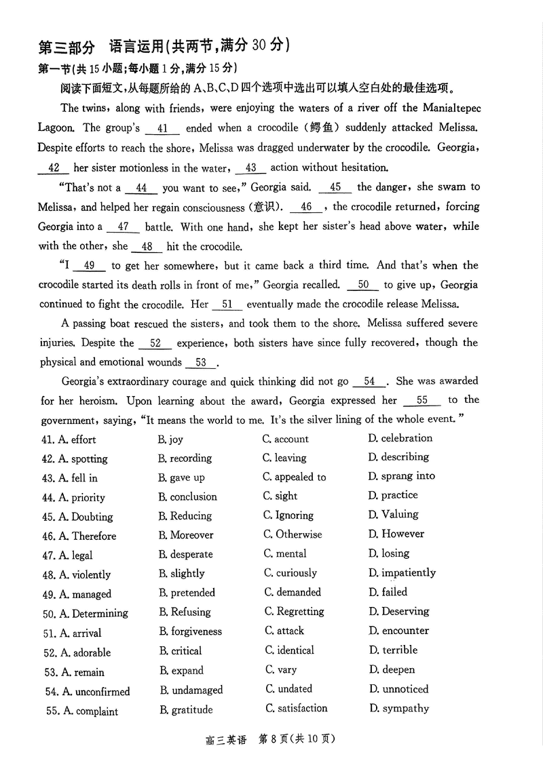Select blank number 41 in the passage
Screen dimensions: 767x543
[x=162, y=128]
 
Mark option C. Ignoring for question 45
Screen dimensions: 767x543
[x=288, y=515]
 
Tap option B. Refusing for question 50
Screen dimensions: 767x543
[x=185, y=612]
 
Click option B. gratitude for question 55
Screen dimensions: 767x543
[x=186, y=710]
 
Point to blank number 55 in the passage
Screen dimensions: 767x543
[x=422, y=401]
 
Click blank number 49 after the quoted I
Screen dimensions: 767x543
[x=89, y=266]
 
